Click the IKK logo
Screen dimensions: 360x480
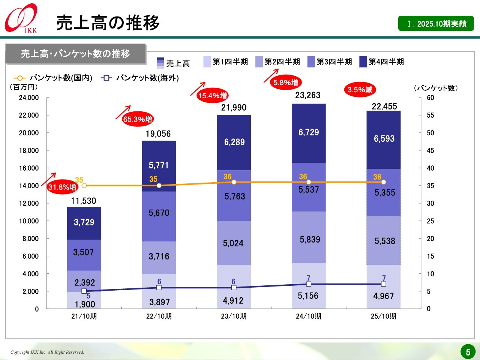click(21, 18)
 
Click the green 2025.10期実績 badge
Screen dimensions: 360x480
click(436, 24)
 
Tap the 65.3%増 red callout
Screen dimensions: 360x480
click(137, 119)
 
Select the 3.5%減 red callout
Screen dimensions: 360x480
click(360, 90)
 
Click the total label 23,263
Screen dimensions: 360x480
click(307, 95)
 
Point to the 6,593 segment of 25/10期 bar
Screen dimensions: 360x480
click(384, 139)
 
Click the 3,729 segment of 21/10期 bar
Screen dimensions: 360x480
click(84, 223)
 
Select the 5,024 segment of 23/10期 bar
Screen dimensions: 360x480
click(233, 243)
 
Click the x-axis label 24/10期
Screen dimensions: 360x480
click(308, 316)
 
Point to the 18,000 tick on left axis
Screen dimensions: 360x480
click(29, 150)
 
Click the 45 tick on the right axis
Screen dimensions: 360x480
click(430, 150)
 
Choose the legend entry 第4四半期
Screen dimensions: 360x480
click(381, 62)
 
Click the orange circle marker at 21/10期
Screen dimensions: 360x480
click(84, 186)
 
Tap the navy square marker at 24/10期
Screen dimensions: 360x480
click(309, 284)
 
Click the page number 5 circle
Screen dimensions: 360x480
click(468, 352)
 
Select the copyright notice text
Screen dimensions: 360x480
click(47, 352)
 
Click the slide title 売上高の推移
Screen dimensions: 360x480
click(108, 23)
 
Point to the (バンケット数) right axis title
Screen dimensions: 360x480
click(436, 88)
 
